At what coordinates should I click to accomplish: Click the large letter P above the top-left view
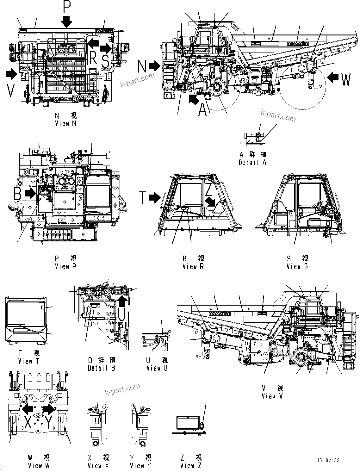click(x=67, y=6)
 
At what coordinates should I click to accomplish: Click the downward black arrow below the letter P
click(x=67, y=21)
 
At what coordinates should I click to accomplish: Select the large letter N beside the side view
click(x=142, y=67)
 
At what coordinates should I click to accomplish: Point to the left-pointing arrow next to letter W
click(x=333, y=77)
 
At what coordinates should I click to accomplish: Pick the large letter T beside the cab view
click(x=143, y=198)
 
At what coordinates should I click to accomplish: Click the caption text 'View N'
click(x=65, y=124)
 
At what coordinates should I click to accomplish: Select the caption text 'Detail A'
click(x=252, y=162)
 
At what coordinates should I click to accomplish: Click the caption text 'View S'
click(x=297, y=267)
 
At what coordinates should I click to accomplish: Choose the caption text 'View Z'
click(x=191, y=465)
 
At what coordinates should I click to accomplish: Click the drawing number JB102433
click(x=327, y=460)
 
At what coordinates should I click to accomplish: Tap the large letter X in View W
click(x=28, y=422)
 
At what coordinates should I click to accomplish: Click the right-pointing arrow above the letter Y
click(x=48, y=409)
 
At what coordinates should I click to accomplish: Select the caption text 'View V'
click(x=272, y=396)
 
